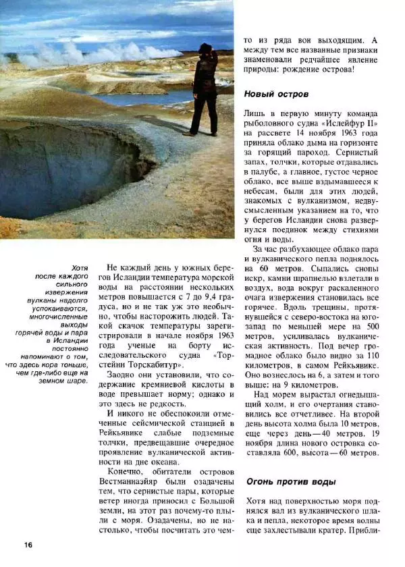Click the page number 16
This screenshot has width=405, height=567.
(x=27, y=545)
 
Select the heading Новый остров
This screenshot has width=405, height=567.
(x=276, y=94)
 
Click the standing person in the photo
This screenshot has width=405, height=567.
(x=202, y=88)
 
